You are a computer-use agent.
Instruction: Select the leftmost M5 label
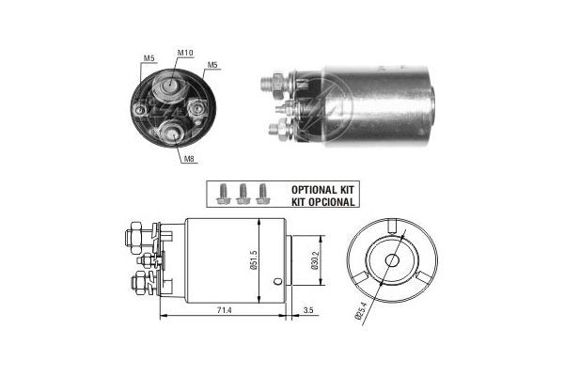pos(149,60)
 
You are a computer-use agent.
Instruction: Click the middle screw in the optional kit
pos(243,193)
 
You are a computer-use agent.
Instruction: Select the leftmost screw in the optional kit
pos(224,193)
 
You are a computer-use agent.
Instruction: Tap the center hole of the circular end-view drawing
pos(390,261)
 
